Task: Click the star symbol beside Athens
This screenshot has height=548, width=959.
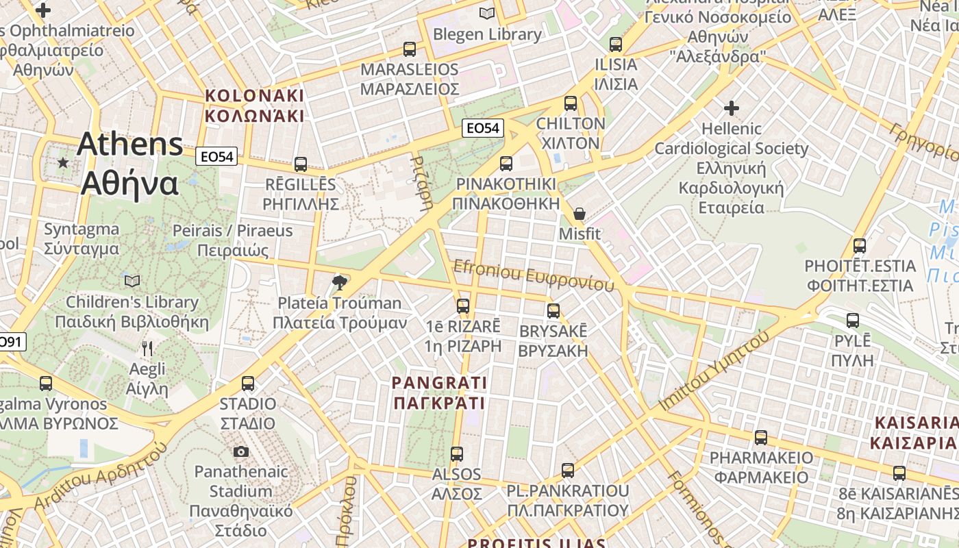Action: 63,162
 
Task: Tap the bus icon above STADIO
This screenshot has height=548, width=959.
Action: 248,383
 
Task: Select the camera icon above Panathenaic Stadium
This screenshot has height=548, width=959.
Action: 240,451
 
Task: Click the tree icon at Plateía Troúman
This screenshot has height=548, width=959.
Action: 339,282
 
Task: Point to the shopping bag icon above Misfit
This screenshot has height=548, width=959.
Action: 580,214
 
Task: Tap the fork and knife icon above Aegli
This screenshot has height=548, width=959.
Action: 147,349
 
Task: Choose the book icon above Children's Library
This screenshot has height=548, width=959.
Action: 132,281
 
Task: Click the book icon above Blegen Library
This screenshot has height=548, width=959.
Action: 487,13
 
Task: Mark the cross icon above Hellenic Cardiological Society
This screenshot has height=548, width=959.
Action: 732,108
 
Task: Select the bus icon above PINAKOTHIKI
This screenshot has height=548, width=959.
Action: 506,163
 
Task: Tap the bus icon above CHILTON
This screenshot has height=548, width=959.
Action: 571,103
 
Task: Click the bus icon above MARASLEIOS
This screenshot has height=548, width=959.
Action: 410,49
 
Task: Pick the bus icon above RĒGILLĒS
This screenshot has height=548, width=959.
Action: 301,164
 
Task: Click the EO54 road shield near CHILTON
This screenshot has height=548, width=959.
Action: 482,128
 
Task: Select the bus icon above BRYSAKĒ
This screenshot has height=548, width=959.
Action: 553,310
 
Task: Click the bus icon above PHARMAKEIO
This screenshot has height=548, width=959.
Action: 761,437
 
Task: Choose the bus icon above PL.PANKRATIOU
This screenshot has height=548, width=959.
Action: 568,471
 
